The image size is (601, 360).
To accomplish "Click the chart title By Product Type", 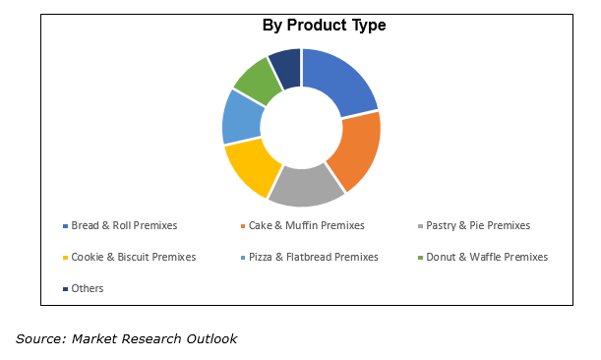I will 324,26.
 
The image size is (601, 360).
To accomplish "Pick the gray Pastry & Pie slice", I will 305,186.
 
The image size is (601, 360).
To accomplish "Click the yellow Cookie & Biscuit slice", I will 252,166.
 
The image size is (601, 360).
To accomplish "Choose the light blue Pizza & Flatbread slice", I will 242,117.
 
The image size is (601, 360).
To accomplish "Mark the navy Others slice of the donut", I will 286,67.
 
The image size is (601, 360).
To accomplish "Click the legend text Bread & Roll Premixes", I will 124,225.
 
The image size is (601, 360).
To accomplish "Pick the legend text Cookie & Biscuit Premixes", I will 133,257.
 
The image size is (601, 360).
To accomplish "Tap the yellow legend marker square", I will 65,258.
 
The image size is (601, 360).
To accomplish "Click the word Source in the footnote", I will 37,339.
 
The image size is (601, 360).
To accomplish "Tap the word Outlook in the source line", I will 210,339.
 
